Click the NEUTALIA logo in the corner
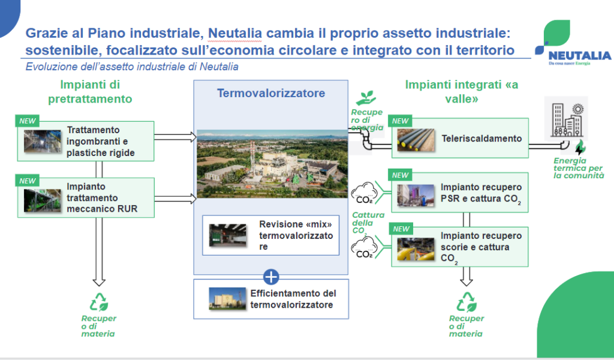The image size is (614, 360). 572,43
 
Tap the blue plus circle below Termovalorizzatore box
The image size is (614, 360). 271,277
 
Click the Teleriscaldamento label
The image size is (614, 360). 481,138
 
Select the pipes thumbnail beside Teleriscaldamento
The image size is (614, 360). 416,140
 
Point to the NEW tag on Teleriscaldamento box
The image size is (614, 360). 400,121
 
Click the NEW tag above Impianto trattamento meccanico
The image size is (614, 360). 28,181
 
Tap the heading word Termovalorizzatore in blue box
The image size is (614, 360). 271,93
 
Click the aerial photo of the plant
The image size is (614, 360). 272,164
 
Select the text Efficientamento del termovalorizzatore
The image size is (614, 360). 293,299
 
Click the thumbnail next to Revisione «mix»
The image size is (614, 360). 227,235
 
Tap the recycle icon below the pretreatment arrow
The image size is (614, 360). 99,302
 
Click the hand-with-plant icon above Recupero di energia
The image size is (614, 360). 366,98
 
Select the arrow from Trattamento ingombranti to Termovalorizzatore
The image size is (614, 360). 175,137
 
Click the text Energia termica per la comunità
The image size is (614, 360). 579,168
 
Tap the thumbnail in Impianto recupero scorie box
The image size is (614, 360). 416,249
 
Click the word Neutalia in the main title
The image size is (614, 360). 234,33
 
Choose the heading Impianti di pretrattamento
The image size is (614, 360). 90,92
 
